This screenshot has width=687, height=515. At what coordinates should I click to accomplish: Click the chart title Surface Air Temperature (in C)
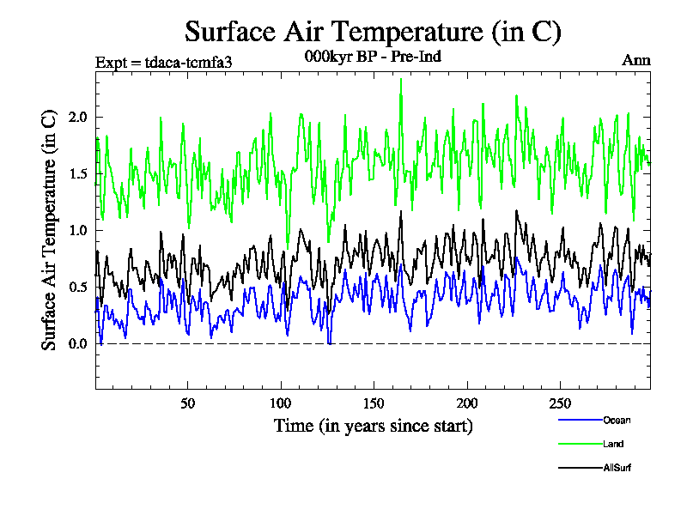[x=373, y=32]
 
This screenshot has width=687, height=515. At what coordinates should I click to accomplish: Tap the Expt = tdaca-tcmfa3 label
[x=163, y=61]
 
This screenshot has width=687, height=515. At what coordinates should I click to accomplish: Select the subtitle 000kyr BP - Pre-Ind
[x=373, y=57]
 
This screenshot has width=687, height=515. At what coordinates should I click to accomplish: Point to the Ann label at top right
[x=635, y=60]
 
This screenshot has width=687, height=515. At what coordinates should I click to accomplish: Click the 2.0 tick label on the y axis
[x=77, y=117]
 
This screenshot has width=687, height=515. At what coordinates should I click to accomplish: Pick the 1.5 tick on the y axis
[x=77, y=173]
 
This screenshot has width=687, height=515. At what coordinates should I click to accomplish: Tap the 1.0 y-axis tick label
[x=77, y=230]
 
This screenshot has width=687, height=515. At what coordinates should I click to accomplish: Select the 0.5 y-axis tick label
[x=77, y=287]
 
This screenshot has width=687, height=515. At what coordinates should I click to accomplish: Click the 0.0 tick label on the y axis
[x=77, y=344]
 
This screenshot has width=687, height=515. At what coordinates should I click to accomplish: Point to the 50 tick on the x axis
[x=188, y=403]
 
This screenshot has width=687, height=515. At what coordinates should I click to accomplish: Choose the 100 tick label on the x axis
[x=281, y=403]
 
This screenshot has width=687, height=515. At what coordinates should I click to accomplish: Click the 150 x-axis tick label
[x=374, y=403]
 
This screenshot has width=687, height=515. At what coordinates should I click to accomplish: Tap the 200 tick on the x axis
[x=466, y=403]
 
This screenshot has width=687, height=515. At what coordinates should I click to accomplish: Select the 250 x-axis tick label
[x=560, y=403]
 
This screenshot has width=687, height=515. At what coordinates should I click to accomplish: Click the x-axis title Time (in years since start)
[x=373, y=426]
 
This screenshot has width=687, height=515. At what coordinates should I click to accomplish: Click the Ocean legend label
[x=616, y=420]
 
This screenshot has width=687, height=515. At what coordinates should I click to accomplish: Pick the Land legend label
[x=613, y=444]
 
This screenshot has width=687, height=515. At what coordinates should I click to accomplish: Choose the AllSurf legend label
[x=617, y=468]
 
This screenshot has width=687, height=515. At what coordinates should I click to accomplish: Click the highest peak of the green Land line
[x=400, y=80]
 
